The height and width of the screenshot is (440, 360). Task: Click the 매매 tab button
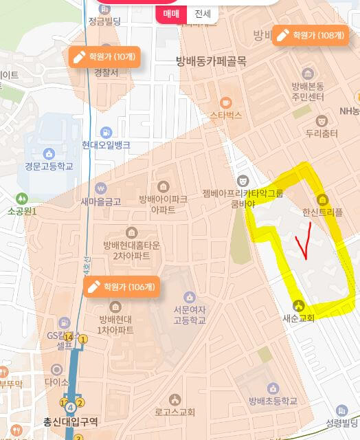tap(171, 14)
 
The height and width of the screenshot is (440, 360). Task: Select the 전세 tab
tap(203, 14)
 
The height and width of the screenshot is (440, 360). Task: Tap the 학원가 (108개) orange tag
tap(310, 35)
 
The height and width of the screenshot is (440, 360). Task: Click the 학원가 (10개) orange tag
tap(105, 56)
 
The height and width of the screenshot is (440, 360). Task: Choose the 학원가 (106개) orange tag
tap(121, 287)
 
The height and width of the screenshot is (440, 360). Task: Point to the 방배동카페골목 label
tap(212, 61)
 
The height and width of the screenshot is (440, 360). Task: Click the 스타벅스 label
tap(226, 115)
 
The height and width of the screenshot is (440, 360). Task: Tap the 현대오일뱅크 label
tap(106, 144)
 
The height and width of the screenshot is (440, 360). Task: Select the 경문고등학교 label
tap(49, 166)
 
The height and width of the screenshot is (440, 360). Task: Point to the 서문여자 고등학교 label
tap(181, 316)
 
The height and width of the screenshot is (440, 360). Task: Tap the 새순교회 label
tap(298, 318)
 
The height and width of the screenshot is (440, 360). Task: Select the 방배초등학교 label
tap(273, 401)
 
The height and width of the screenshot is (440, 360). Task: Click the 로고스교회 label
tap(175, 412)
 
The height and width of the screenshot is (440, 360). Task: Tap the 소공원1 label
tap(23, 211)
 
